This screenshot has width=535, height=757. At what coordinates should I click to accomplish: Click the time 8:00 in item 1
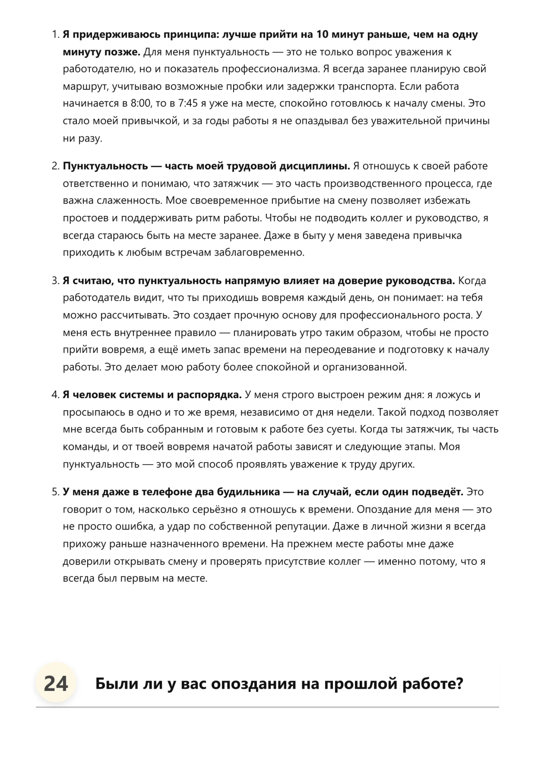(x=140, y=104)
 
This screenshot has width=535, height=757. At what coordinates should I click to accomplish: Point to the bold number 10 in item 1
(x=322, y=35)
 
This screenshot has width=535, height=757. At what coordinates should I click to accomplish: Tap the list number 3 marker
(x=55, y=281)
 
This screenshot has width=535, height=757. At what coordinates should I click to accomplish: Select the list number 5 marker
(x=55, y=492)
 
